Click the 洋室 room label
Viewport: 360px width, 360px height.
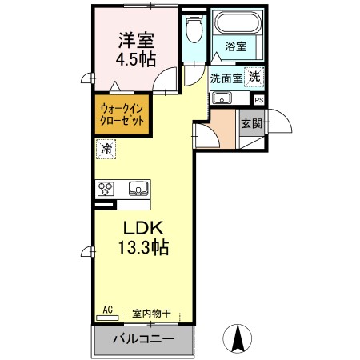coord(136,40)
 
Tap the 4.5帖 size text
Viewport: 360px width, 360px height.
coord(136,59)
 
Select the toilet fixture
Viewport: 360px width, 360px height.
coord(194,28)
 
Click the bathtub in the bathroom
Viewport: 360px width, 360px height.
coord(238,22)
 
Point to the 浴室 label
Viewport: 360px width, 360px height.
coord(236,46)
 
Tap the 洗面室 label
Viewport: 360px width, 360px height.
coord(226,78)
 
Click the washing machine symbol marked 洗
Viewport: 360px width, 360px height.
coord(254,77)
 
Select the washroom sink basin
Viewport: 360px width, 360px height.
coord(222,98)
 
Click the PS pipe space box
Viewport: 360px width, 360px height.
coord(258,100)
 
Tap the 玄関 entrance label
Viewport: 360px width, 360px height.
coord(252,124)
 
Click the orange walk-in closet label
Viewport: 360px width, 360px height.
coord(122,115)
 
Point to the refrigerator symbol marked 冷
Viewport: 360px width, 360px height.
coord(106,149)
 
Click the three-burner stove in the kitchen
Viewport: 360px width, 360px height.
coord(106,189)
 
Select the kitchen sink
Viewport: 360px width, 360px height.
coord(138,188)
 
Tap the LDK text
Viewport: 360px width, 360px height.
coord(143,228)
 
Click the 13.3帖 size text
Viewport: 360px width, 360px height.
coord(143,247)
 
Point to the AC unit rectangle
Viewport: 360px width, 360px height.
coord(107,318)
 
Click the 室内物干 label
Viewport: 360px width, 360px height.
coord(151,314)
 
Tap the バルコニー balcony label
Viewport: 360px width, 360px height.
coord(143,339)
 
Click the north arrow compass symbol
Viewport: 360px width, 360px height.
coord(238,338)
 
